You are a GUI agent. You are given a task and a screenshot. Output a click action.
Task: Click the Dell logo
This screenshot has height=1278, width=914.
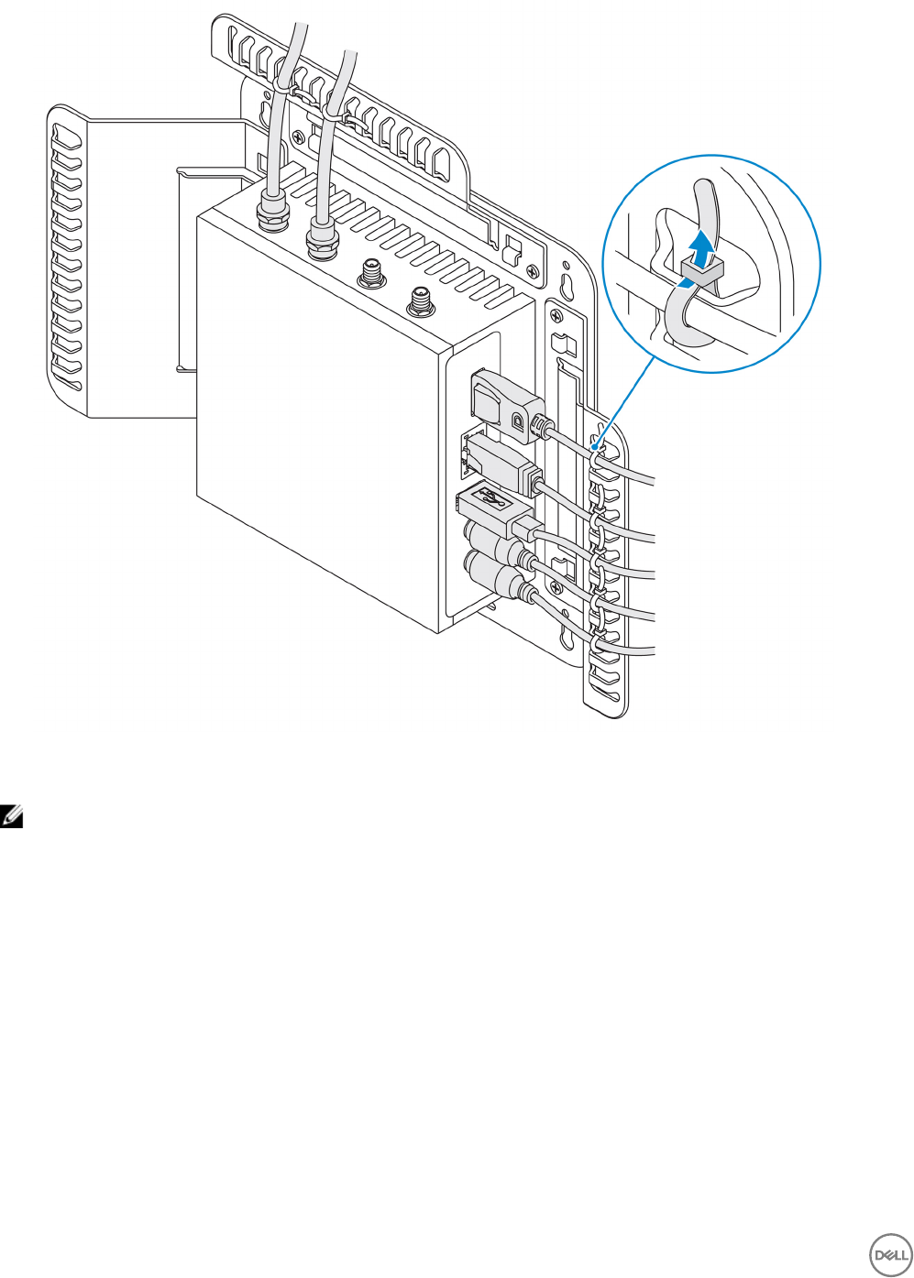[888, 1254]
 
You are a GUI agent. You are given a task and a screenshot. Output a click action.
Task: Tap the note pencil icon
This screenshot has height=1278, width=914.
[13, 814]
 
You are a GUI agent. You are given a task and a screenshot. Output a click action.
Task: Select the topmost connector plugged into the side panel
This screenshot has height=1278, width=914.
[503, 399]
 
